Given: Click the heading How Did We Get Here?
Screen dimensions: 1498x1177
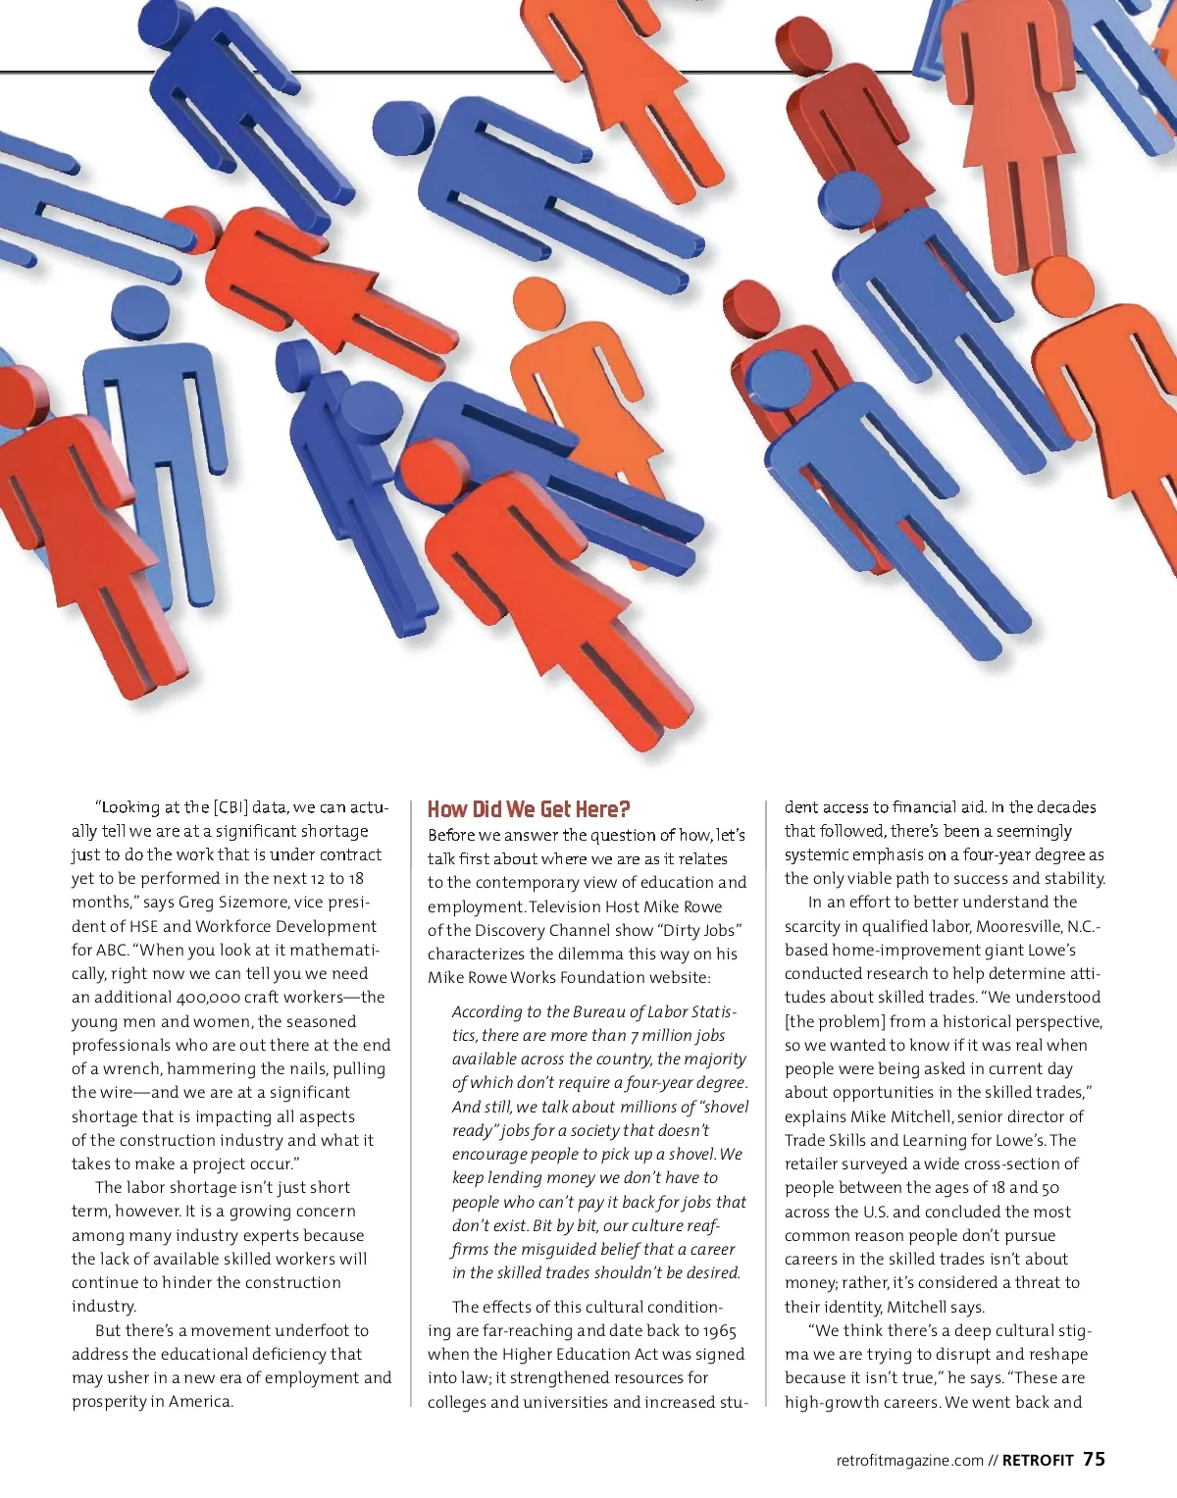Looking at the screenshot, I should point(529,809).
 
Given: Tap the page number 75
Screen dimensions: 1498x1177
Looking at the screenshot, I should point(1094,1459).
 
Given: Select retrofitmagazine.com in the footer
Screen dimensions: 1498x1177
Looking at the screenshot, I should point(909,1461).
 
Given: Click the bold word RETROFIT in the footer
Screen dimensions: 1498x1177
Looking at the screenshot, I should point(1038,1461).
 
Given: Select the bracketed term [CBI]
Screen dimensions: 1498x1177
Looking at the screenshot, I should point(230,807).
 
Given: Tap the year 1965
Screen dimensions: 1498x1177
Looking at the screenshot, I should point(719,1331).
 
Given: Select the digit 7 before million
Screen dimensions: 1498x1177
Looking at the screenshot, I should point(635,1036).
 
